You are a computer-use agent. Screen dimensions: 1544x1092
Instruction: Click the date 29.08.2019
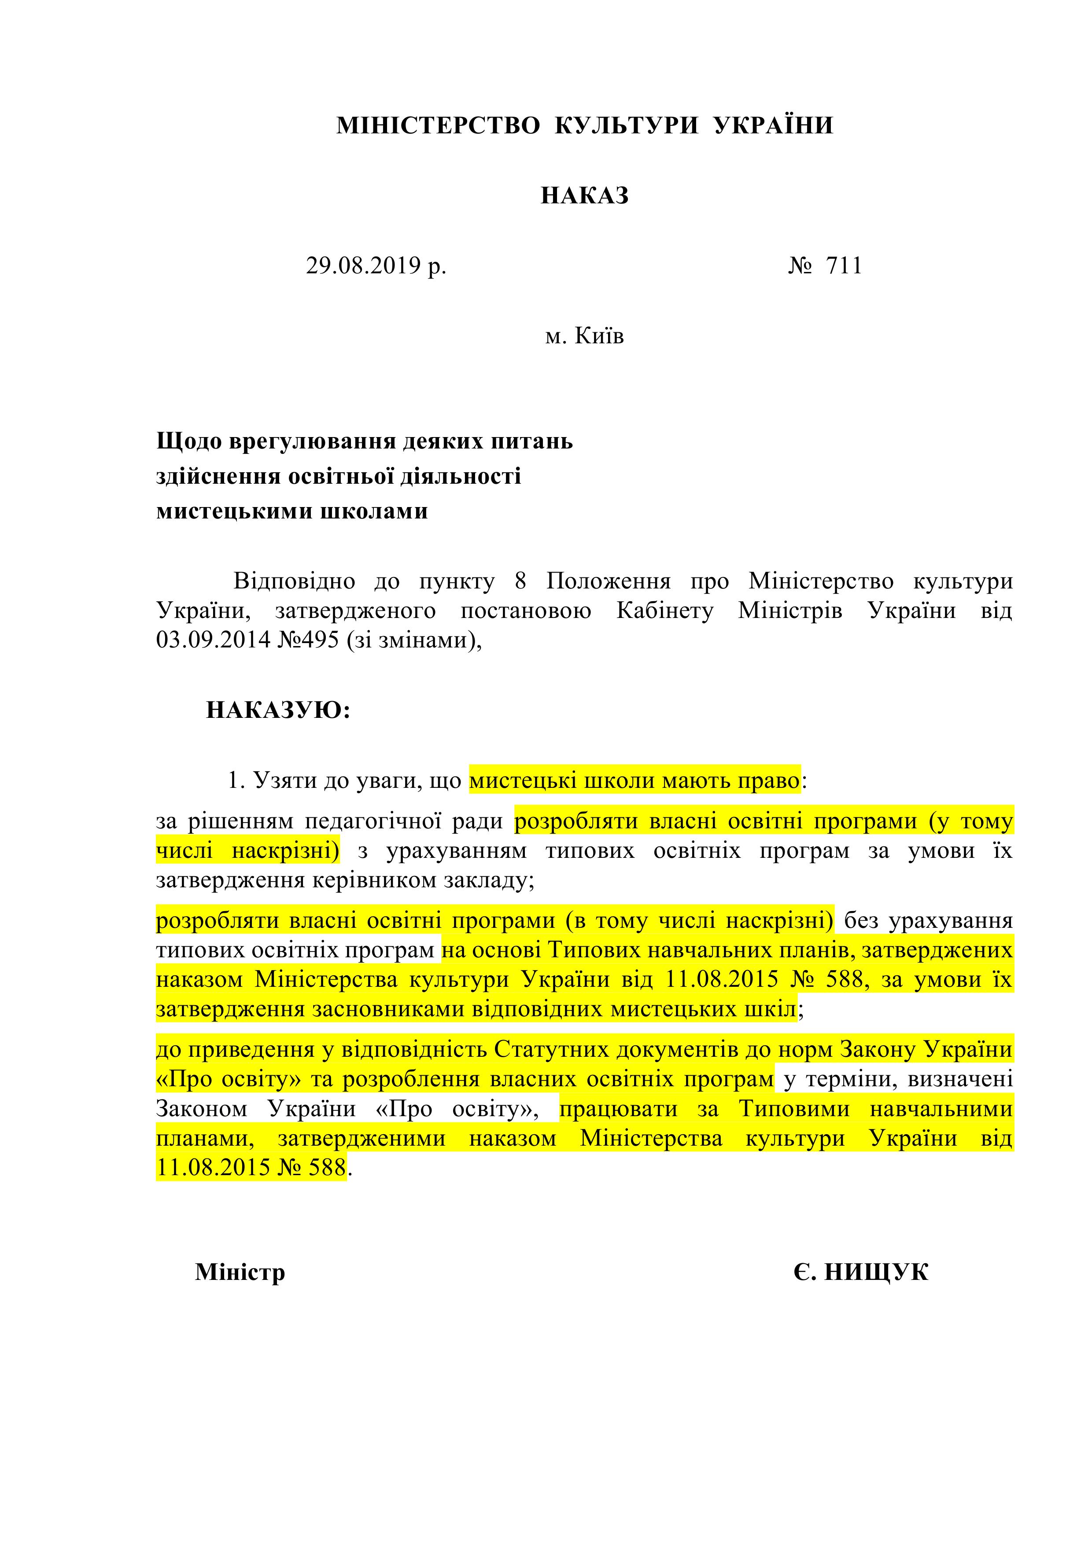click(x=363, y=266)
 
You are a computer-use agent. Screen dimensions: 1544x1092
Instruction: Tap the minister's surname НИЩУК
click(x=876, y=1272)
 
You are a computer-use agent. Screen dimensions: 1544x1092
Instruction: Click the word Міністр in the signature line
click(x=240, y=1272)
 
